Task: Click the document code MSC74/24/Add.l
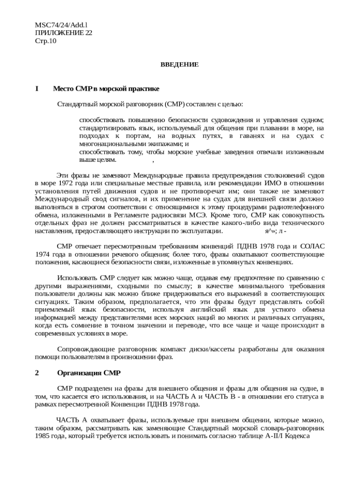tap(61, 24)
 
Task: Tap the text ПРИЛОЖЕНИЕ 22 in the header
tap(64, 33)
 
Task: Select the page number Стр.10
tap(45, 41)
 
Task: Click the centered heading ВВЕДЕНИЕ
tap(180, 64)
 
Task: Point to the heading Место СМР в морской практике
tap(106, 88)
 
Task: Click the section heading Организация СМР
tap(89, 373)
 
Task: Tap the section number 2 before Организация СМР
tap(37, 373)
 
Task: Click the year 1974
tap(43, 254)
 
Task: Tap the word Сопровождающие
tap(86, 349)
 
